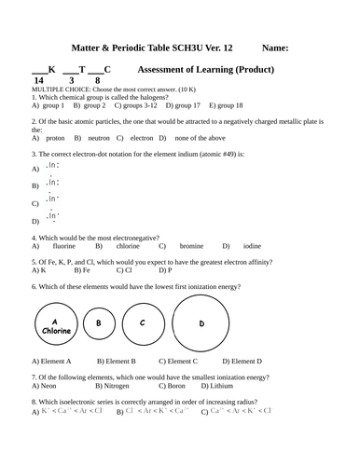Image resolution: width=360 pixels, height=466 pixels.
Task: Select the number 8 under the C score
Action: (97, 80)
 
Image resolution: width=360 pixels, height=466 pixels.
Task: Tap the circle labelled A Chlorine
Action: (57, 325)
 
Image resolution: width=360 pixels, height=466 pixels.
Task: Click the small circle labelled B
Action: (98, 323)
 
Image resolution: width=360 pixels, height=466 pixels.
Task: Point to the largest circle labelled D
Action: (201, 323)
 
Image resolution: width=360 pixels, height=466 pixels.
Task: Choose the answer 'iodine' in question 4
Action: (252, 246)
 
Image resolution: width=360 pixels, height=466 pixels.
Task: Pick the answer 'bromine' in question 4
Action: (191, 246)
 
